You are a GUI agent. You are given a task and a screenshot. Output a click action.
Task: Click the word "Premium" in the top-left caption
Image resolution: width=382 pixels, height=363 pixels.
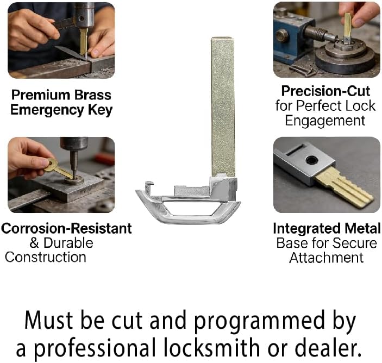coord(40,95)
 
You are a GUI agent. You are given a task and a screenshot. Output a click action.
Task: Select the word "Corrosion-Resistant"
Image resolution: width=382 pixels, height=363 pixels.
coord(66,229)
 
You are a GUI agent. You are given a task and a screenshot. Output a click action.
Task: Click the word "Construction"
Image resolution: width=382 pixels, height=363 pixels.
coord(46,258)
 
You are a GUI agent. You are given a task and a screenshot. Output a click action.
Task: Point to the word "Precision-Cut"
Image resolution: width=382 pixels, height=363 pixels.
coord(325,91)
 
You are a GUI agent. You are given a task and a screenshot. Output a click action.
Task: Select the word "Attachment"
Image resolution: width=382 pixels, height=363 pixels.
coord(326,258)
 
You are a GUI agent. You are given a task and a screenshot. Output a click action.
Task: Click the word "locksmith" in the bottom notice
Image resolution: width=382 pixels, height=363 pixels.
coord(212,347)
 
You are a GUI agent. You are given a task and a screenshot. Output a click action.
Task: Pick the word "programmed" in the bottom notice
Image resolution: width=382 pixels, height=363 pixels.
coord(260,322)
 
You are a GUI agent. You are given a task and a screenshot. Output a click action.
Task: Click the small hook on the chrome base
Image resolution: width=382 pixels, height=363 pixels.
coord(149,186)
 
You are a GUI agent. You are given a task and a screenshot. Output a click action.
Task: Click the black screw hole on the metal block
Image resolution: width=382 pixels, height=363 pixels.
coord(312,160)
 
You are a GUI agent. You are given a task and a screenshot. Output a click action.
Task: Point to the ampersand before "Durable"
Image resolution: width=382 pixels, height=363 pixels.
coord(34,243)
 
